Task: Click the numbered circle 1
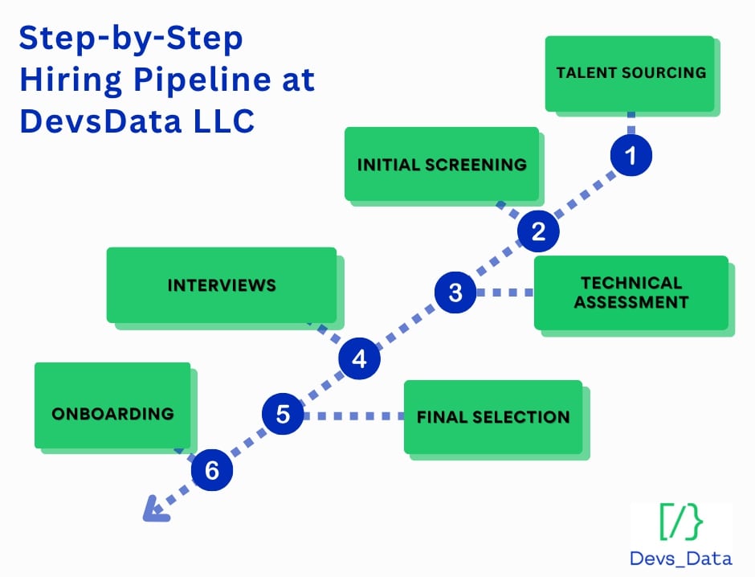click(631, 155)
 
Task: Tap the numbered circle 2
click(538, 231)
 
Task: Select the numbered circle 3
click(455, 293)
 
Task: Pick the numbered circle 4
click(359, 358)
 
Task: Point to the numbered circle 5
click(283, 415)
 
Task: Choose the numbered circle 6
click(211, 471)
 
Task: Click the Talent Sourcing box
click(630, 73)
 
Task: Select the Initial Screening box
click(442, 164)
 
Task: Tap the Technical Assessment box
click(631, 293)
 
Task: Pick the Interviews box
click(222, 285)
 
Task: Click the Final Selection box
click(492, 417)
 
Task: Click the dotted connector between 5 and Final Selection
click(353, 415)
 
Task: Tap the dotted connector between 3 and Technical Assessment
click(504, 293)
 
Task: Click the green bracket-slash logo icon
click(681, 523)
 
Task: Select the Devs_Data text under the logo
click(681, 559)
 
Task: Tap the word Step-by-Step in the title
click(131, 39)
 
